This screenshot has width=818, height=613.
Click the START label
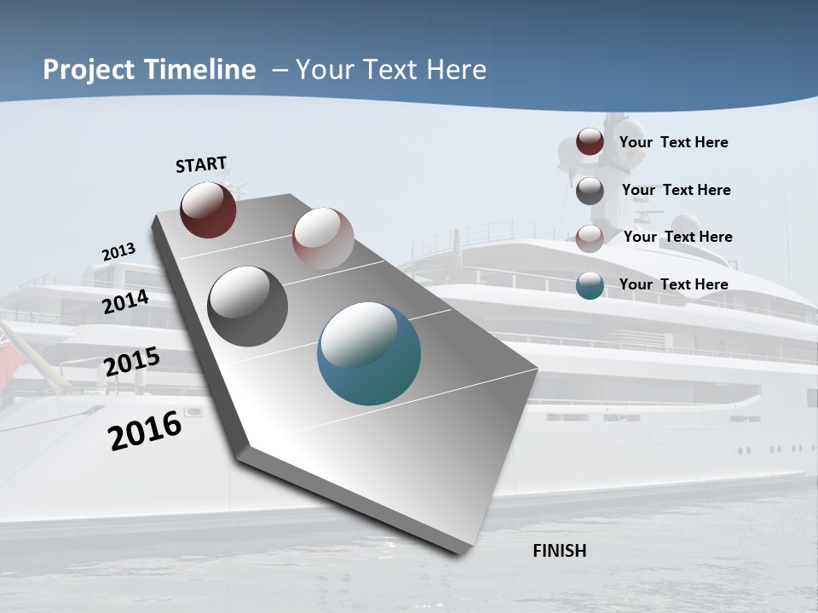201,164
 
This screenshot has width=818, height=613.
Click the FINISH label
559,551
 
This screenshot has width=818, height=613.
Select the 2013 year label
118,252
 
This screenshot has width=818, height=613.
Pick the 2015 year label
131,362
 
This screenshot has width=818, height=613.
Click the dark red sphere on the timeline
208,209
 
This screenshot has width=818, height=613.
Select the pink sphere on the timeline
323,238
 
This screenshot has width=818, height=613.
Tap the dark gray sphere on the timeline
247,306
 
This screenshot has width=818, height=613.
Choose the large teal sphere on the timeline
369,353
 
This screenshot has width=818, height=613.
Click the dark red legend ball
590,142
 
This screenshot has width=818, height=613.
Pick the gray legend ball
590,191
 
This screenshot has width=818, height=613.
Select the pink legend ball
590,238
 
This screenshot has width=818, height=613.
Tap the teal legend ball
590,285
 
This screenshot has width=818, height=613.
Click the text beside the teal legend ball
673,284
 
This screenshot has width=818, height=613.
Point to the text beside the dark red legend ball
673,142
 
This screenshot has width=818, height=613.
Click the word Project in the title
86,70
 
